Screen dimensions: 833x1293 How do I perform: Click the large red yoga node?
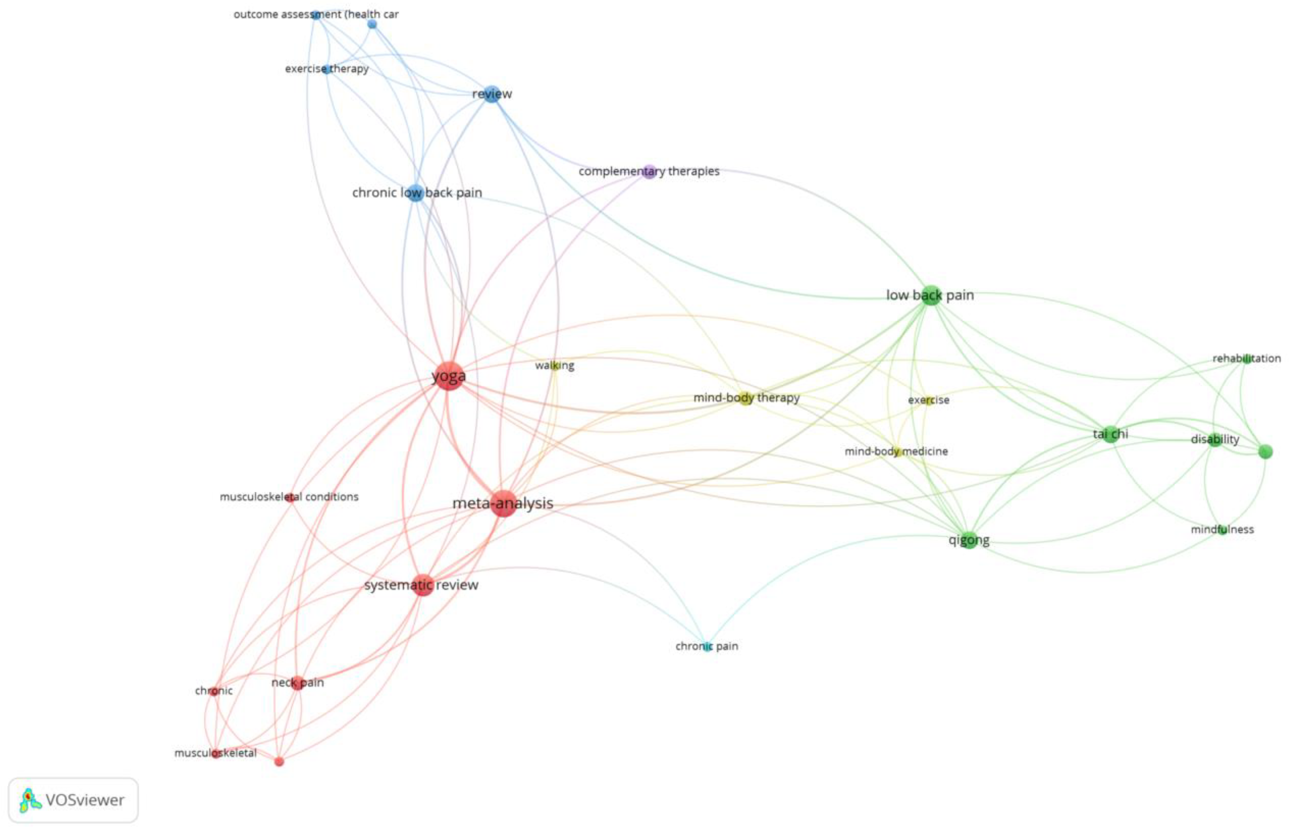pos(448,375)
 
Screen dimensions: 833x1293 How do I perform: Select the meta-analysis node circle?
pos(504,503)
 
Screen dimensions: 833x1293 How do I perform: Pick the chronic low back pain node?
pos(415,193)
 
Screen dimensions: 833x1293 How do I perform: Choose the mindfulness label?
pos(1222,529)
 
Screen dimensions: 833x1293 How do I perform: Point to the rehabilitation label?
pos(1246,358)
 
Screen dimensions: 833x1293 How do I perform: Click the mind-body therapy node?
pos(746,399)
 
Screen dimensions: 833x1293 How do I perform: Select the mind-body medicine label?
pos(896,451)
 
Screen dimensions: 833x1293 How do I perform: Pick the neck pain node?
pos(297,683)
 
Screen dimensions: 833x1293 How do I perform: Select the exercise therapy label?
pos(327,69)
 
